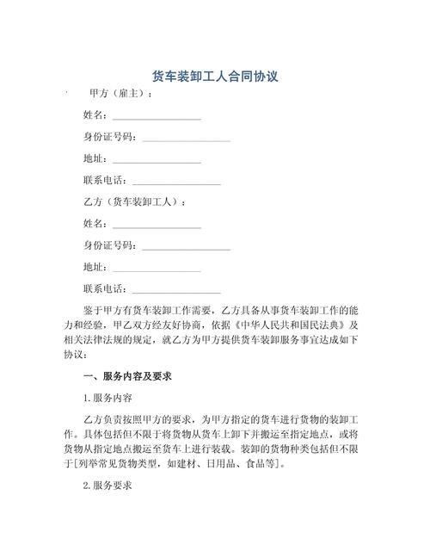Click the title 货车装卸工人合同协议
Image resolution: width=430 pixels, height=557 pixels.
(x=214, y=77)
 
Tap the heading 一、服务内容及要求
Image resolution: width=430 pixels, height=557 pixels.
(x=128, y=376)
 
